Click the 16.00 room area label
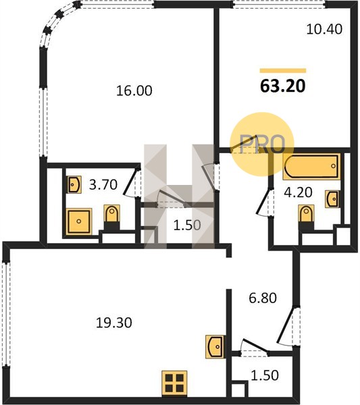[134, 91]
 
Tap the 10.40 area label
[324, 29]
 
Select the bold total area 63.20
[283, 86]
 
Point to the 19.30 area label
[114, 323]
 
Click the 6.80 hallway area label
[263, 298]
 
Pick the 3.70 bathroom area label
[103, 185]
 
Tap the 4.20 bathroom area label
[298, 192]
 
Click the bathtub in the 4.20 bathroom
[311, 167]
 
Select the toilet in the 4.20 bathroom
[306, 217]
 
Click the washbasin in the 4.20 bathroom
[332, 199]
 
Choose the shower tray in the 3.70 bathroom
[79, 221]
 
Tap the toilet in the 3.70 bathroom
[112, 217]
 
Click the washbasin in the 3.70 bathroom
[74, 184]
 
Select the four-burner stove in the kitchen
[174, 383]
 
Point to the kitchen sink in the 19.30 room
[215, 347]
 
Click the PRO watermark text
[262, 144]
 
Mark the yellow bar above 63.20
[283, 71]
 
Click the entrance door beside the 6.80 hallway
[288, 326]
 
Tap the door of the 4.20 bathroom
[264, 202]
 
